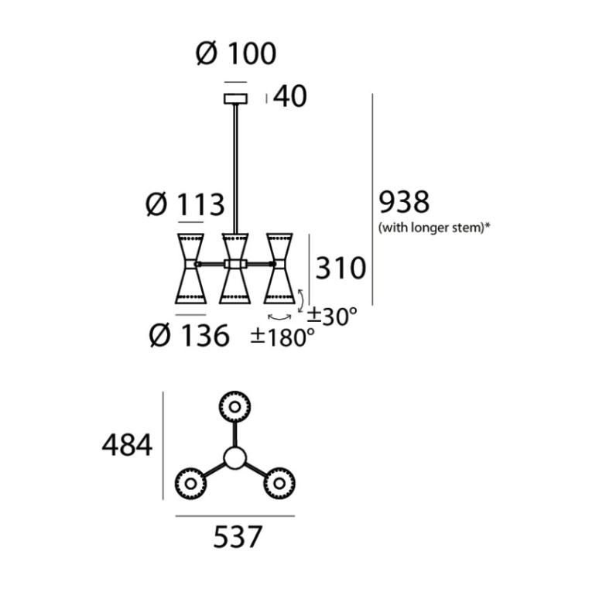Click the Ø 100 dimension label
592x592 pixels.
point(236,53)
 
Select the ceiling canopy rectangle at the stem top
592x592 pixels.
point(235,98)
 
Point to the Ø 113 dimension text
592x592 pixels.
point(185,204)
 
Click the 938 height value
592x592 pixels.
point(403,202)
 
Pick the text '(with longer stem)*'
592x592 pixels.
point(436,228)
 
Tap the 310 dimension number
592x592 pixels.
point(338,268)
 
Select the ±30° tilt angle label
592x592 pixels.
point(332,315)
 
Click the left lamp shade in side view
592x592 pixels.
point(190,267)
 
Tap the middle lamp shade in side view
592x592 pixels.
point(234,267)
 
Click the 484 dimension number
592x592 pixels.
point(127,445)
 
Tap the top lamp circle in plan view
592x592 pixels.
point(234,406)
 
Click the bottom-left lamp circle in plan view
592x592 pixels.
point(190,483)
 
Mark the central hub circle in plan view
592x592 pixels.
point(234,458)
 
